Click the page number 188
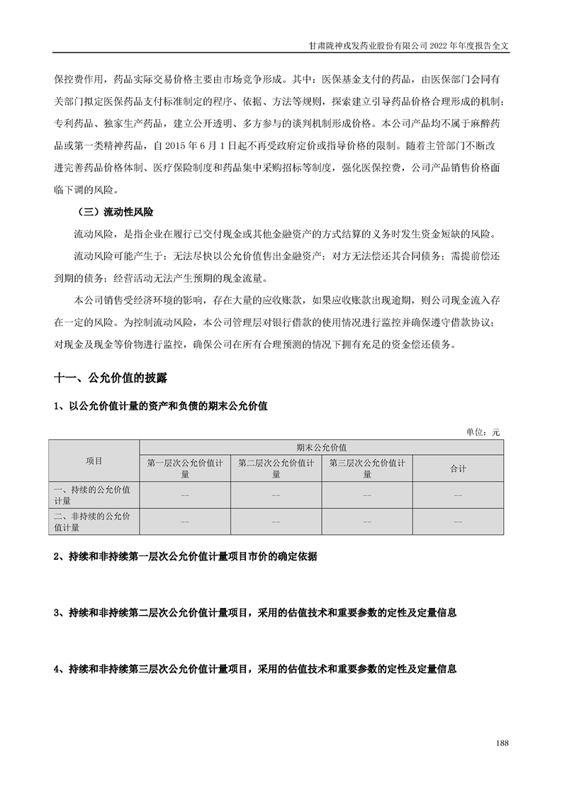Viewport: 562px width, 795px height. [x=502, y=743]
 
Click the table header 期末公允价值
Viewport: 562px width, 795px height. [x=322, y=448]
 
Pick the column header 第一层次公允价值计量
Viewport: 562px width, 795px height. [x=186, y=468]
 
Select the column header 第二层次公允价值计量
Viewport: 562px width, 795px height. [x=276, y=468]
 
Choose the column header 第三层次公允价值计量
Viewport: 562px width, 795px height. [x=367, y=468]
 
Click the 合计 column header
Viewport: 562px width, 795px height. [x=458, y=468]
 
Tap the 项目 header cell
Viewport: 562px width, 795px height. [x=94, y=461]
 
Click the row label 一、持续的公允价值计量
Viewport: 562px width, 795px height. [x=94, y=495]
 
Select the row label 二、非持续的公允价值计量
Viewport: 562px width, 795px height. [x=94, y=521]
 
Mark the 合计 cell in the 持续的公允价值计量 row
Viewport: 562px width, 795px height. [x=458, y=495]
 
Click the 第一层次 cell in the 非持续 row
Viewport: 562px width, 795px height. [x=186, y=521]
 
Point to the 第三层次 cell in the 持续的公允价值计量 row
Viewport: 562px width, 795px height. [x=367, y=495]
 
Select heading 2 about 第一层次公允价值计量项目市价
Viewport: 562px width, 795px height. [x=186, y=557]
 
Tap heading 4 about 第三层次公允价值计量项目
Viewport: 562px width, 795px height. [x=254, y=668]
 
